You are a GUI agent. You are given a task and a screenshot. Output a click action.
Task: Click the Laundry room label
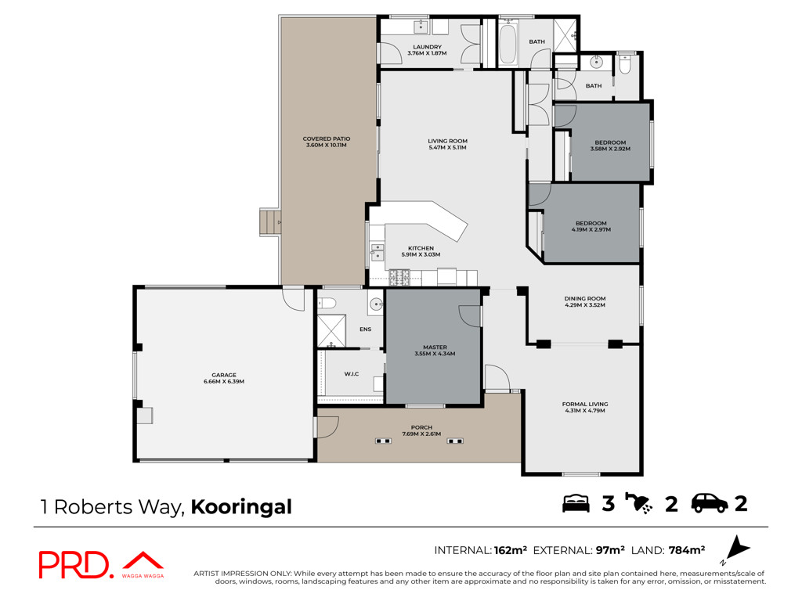(x=427, y=46)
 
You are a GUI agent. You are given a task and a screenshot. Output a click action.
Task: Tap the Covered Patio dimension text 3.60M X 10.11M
(x=327, y=145)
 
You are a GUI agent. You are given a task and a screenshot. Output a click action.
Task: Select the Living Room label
(x=447, y=141)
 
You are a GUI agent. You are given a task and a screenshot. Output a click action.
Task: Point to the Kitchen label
(x=421, y=248)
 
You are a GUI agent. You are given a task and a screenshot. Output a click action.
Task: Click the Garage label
(x=224, y=375)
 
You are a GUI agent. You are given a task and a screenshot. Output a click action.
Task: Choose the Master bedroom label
(x=435, y=347)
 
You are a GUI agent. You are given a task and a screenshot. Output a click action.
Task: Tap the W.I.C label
(x=352, y=374)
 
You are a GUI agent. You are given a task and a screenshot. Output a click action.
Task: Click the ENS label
(x=365, y=329)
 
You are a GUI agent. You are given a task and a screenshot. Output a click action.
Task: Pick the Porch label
(x=421, y=427)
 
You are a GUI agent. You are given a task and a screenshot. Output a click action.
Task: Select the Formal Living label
(x=585, y=405)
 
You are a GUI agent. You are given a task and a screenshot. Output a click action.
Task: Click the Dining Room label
(x=585, y=298)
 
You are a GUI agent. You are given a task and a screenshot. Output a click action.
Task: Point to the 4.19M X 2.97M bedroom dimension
(x=591, y=230)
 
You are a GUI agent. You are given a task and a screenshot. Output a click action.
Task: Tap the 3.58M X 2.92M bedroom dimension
(x=610, y=149)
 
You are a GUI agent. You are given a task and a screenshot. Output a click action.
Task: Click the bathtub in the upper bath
(x=508, y=43)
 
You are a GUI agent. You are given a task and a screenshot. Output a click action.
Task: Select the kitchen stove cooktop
(x=399, y=278)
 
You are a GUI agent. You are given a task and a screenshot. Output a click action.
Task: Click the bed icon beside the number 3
(x=576, y=503)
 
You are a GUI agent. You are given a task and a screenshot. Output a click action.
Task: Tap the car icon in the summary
(x=710, y=503)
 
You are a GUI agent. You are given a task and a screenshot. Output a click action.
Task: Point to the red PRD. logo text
(x=74, y=565)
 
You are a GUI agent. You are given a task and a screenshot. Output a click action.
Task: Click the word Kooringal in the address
(x=241, y=507)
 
